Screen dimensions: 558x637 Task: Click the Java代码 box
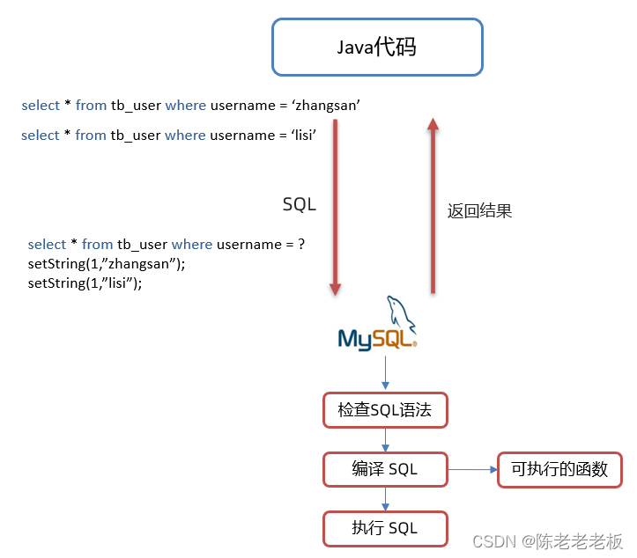click(377, 48)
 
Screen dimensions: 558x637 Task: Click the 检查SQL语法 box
click(384, 410)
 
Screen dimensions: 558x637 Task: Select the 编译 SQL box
click(384, 469)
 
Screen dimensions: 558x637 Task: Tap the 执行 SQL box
click(384, 528)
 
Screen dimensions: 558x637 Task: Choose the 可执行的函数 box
click(559, 469)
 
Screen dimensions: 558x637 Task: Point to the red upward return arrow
click(433, 207)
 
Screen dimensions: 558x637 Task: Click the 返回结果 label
click(479, 211)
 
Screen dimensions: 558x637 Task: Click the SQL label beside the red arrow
click(299, 204)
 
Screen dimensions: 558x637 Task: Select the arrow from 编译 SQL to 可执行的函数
click(472, 469)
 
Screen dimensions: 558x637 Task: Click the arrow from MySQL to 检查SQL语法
click(385, 373)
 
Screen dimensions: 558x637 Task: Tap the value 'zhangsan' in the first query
click(327, 106)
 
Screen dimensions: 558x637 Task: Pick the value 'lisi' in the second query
click(297, 136)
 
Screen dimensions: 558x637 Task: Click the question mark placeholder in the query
click(301, 244)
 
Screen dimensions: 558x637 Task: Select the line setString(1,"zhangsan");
click(107, 263)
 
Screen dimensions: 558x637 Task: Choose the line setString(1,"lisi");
click(85, 283)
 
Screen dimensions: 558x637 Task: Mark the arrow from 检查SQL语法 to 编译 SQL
click(385, 439)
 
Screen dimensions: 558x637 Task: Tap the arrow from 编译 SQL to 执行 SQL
click(385, 498)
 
